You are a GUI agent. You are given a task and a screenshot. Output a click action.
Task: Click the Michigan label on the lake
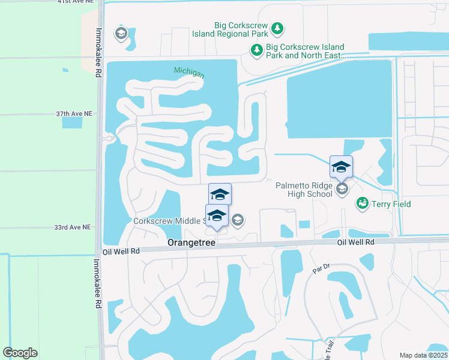point(189,73)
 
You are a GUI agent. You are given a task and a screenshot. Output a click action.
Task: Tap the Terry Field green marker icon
point(362,204)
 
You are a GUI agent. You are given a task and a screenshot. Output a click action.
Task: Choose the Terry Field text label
point(390,205)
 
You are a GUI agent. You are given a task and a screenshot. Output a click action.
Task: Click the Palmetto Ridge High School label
point(304,190)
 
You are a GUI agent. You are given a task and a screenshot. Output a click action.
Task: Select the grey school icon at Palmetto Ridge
point(342,190)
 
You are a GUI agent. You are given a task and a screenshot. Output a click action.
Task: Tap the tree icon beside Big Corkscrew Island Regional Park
point(277,29)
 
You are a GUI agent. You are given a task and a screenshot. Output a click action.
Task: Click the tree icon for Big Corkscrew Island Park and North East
point(257,50)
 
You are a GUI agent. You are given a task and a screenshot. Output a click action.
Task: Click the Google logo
point(20,352)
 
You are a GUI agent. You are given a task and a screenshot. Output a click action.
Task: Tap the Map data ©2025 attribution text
point(423,355)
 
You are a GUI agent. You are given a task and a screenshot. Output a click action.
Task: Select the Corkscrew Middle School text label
point(170,221)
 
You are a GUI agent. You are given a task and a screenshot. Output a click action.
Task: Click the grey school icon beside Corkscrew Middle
point(238,220)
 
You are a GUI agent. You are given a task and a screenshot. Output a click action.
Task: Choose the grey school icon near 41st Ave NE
point(121,34)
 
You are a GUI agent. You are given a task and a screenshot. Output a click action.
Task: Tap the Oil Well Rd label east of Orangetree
point(355,242)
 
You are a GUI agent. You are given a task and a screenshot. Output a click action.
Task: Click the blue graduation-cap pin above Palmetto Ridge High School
point(341,167)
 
